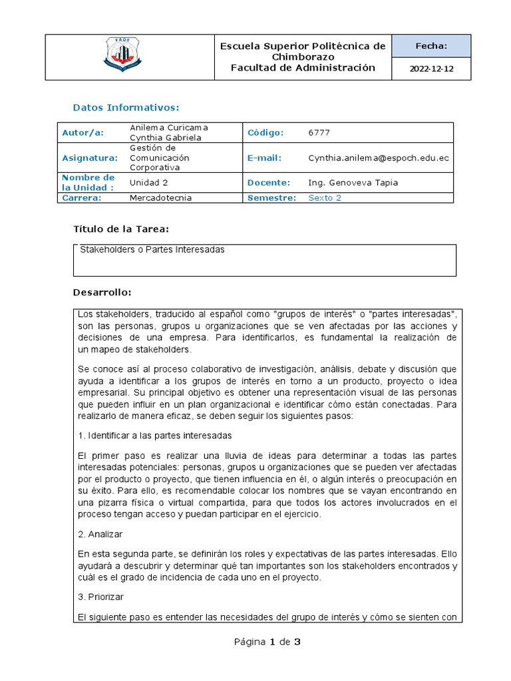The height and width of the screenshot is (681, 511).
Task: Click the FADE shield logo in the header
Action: point(123,57)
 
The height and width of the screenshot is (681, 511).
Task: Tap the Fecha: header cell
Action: point(432,46)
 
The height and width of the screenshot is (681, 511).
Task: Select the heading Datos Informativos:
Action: point(126,107)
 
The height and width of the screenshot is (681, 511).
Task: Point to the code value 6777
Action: point(319,132)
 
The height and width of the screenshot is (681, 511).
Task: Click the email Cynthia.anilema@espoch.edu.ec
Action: point(378,158)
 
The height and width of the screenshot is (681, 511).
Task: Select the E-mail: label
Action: point(264,158)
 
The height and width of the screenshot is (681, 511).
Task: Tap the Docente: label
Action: point(269,182)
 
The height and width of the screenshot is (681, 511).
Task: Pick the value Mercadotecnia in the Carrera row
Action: point(160,198)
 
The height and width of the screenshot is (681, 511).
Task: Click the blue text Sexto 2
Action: point(325,198)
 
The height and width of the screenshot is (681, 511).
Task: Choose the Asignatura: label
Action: point(89,158)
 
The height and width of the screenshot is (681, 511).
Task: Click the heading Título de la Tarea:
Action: point(120,229)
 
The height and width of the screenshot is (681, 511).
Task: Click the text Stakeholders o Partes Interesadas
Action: point(152,250)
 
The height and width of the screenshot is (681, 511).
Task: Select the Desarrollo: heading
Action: point(102,293)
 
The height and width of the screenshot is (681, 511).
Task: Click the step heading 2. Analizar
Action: point(100,533)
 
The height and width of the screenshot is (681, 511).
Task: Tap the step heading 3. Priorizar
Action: point(100,597)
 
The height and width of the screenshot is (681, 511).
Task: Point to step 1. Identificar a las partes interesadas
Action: point(154,436)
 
